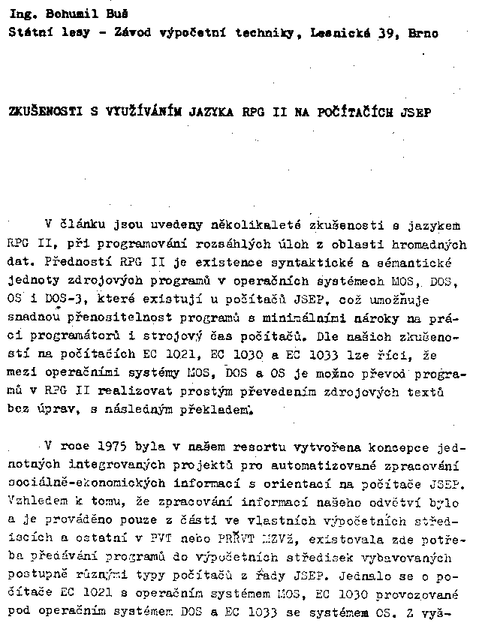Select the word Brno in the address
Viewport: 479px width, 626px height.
coord(423,33)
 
